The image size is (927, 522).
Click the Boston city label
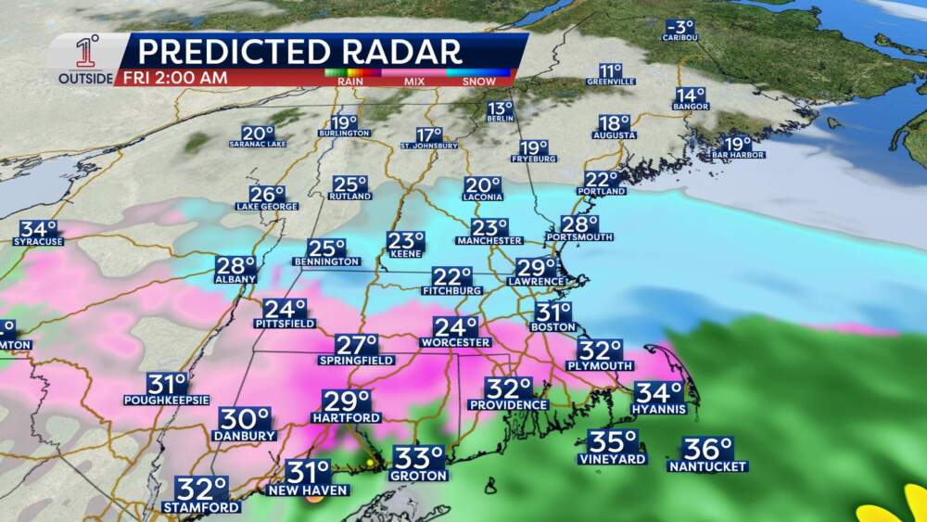click(553, 327)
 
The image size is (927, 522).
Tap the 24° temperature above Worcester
click(456, 327)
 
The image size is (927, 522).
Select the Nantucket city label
click(707, 466)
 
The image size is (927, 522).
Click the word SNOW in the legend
click(478, 81)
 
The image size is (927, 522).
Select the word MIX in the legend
click(413, 81)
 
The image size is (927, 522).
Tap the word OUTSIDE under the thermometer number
click(86, 79)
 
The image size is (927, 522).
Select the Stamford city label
click(201, 507)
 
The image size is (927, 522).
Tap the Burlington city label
click(344, 134)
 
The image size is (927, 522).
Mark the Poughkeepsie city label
click(169, 400)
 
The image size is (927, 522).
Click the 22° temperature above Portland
click(601, 180)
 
